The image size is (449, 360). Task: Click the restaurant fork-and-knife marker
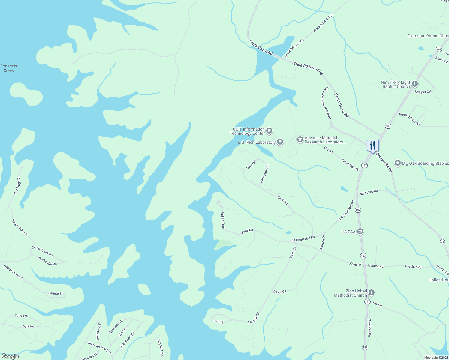[x=372, y=145]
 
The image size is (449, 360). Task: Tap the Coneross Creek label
[x=9, y=68]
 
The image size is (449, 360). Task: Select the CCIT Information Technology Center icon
[x=269, y=130]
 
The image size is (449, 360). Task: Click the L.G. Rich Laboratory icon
[x=280, y=142]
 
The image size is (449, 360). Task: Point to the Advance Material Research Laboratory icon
[x=300, y=139]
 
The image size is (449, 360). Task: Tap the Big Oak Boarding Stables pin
[x=398, y=163]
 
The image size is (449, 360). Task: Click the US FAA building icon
[x=360, y=232]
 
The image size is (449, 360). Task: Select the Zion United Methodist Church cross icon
[x=372, y=293]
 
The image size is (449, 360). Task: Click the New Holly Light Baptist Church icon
[x=415, y=84]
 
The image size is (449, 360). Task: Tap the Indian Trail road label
[x=223, y=220]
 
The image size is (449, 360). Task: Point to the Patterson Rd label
[x=264, y=174]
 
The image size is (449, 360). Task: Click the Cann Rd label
[x=282, y=200]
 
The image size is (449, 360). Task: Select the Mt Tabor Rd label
[x=369, y=192]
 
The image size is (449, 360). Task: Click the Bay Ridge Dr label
[x=17, y=185]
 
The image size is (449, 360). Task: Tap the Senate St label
[x=56, y=293]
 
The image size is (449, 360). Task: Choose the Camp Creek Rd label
[x=42, y=251]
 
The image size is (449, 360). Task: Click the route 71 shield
[x=442, y=241]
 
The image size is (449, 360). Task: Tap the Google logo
[x=10, y=356]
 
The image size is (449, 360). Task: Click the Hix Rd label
[x=377, y=304]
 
